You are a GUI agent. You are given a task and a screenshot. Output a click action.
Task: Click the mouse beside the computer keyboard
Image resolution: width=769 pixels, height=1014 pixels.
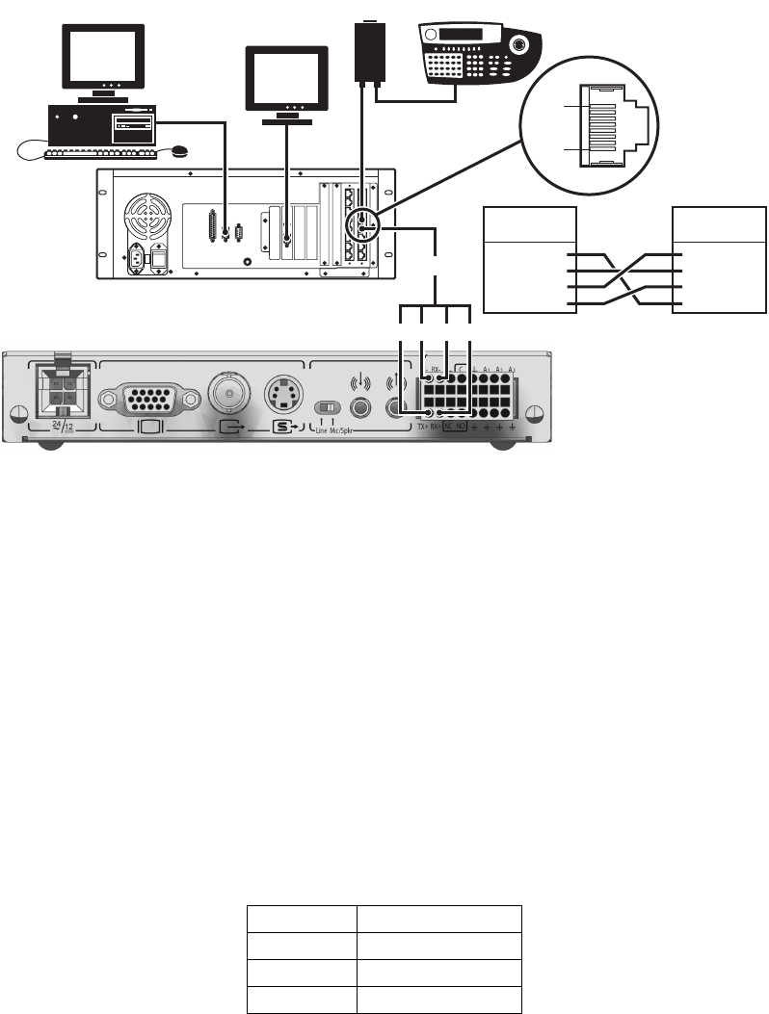[177, 150]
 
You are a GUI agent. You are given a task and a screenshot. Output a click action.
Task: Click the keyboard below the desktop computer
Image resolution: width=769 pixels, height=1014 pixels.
[101, 152]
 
